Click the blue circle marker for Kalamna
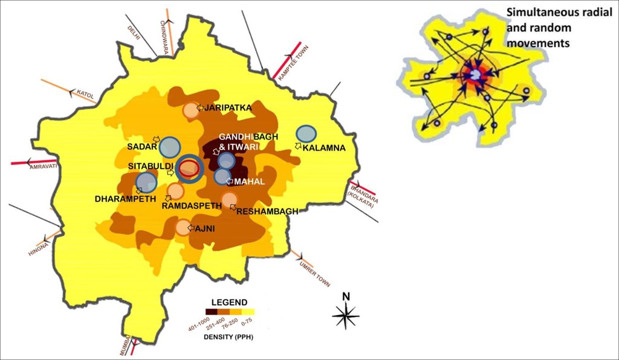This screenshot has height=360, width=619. pyautogui.click(x=306, y=135)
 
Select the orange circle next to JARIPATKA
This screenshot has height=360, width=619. pyautogui.click(x=190, y=111)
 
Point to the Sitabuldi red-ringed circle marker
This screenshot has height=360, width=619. pyautogui.click(x=189, y=168)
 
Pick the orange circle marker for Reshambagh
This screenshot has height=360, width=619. pyautogui.click(x=229, y=200)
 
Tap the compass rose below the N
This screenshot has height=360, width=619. pyautogui.click(x=346, y=316)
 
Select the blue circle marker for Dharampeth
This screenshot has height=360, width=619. pyautogui.click(x=146, y=182)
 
